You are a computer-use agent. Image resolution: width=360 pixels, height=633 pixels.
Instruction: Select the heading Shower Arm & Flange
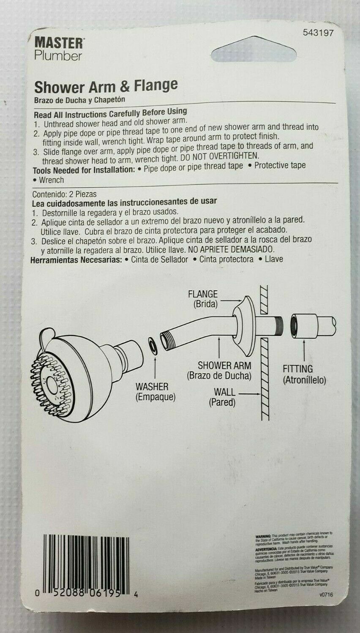(x=106, y=86)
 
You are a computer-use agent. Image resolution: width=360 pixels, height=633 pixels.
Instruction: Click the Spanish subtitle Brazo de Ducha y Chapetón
(x=80, y=100)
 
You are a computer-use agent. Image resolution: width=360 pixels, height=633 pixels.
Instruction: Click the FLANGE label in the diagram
(x=203, y=294)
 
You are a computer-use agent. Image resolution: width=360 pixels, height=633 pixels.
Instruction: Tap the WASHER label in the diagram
(x=152, y=386)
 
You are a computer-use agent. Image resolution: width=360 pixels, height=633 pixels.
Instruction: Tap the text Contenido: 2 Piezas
(x=65, y=194)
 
